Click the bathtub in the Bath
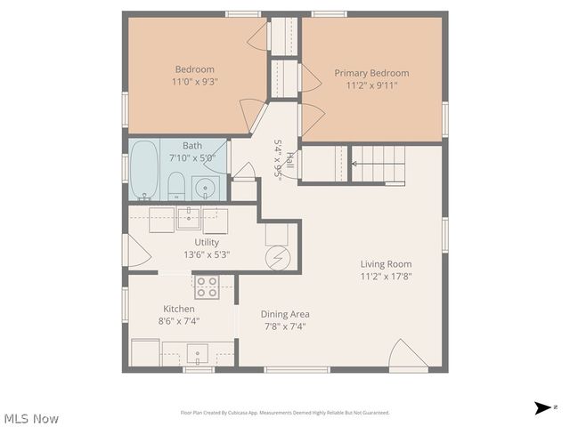pos(144,172)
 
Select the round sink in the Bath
pos(206,188)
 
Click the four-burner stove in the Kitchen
pos(207,286)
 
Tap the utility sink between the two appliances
pos(189,218)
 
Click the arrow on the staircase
pos(360,164)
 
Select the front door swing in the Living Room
pos(408,356)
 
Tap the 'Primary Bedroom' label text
pos(371,73)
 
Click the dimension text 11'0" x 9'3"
pos(195,82)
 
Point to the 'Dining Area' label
pos(285,314)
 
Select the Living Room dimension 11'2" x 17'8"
pos(386,277)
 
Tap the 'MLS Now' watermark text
pos(32,418)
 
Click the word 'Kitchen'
pos(178,309)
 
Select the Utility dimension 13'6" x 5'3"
pos(207,254)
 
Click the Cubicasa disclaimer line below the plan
pos(285,413)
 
